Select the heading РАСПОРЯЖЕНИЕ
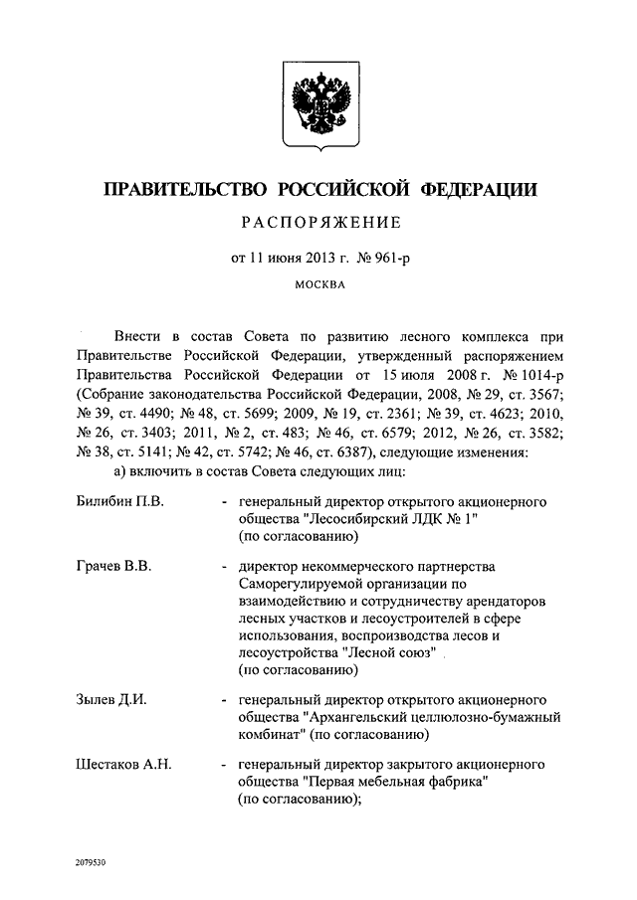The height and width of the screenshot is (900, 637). [318, 223]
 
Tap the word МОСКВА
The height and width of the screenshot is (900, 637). [319, 287]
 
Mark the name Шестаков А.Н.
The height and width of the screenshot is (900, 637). [123, 764]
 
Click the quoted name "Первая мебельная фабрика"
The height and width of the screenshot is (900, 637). [391, 783]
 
